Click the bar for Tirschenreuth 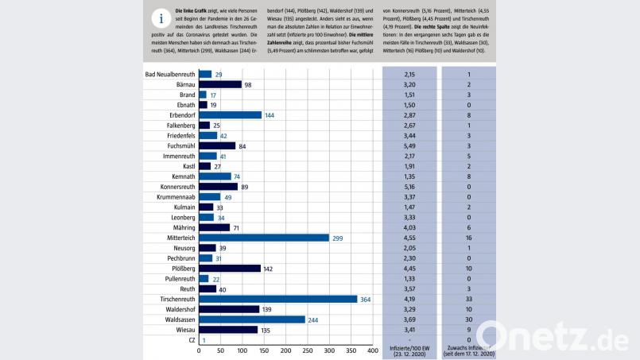277,299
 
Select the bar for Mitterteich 263,238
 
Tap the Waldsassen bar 251,319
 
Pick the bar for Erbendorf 230,115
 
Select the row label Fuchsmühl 176,145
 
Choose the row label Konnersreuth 173,187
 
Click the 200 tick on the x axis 285,350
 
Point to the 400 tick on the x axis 372,350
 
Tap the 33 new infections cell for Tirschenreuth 469,299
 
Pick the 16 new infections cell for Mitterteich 469,238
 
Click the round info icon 161,19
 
